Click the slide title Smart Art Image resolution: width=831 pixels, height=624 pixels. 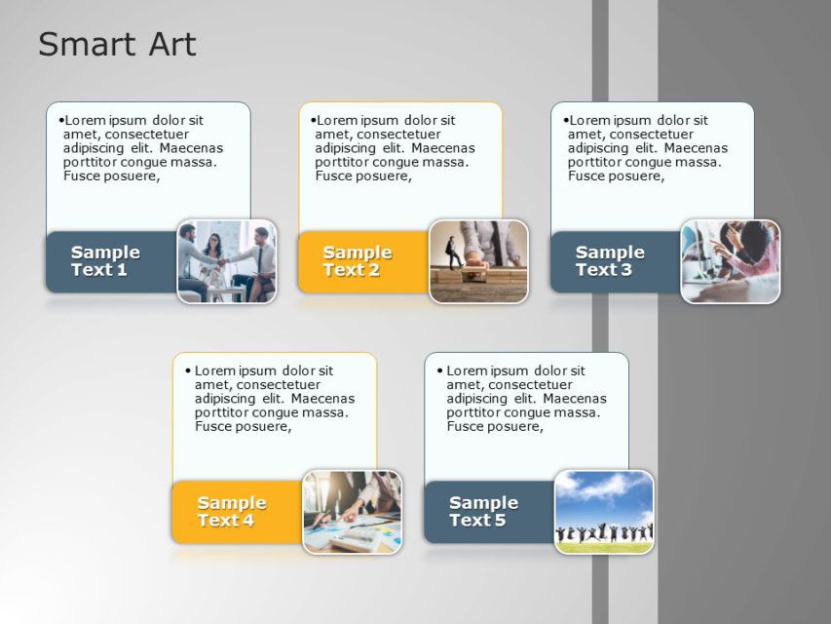117,44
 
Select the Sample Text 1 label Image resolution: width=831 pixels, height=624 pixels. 105,260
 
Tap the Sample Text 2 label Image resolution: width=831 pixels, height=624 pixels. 358,260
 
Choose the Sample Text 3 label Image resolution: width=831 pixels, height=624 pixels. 610,260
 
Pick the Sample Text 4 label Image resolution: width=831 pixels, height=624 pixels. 232,511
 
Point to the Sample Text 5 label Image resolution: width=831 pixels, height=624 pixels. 483,511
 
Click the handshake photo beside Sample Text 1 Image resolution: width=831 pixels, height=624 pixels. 227,261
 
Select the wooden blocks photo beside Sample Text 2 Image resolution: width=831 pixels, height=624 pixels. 479,261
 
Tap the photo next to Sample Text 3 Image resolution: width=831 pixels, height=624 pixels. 731,261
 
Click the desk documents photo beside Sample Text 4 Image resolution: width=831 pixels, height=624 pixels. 353,512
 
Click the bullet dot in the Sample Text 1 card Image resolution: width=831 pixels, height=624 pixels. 60,120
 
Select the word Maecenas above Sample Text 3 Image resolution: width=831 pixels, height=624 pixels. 697,148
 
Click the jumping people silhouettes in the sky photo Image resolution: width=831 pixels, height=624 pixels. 604,533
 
